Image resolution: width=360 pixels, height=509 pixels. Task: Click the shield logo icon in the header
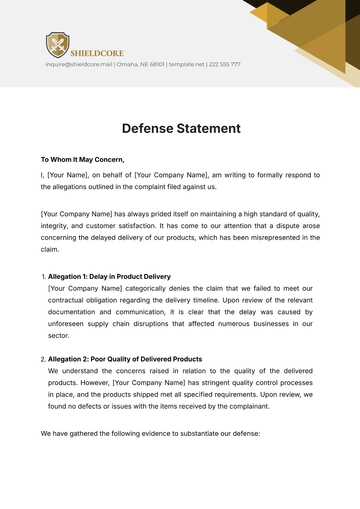point(57,44)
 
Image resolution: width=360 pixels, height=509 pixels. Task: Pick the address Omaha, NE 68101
point(140,64)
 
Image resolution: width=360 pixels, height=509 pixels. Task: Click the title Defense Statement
point(180,128)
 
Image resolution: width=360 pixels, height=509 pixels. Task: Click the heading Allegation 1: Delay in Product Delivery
point(109,275)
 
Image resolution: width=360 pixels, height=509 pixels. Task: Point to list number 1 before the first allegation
point(43,275)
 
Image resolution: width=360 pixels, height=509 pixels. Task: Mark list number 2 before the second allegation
point(43,358)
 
